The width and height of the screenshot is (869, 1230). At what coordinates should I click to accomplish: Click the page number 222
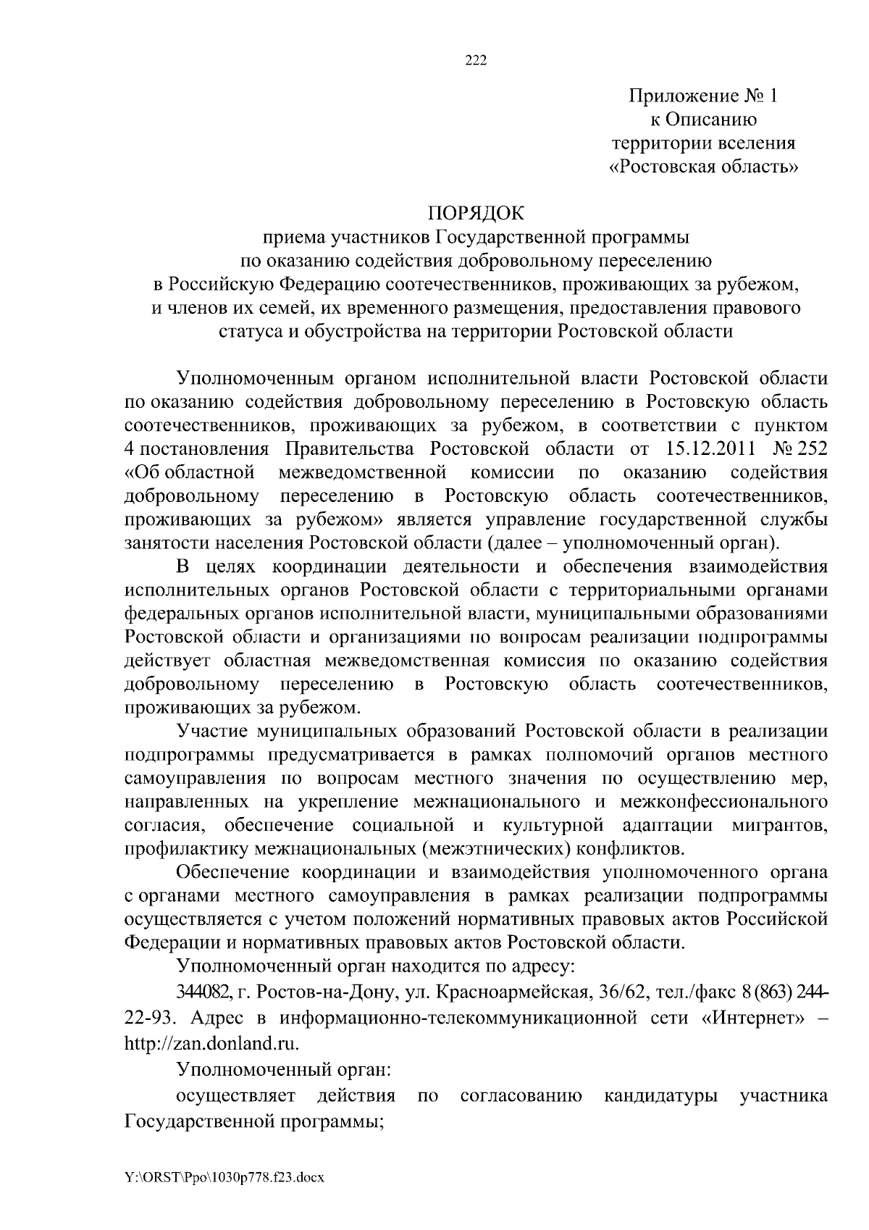tap(476, 60)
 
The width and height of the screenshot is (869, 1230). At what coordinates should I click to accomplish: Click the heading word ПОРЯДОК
tap(476, 214)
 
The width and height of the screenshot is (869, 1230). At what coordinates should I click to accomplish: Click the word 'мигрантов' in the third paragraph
tap(780, 825)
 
